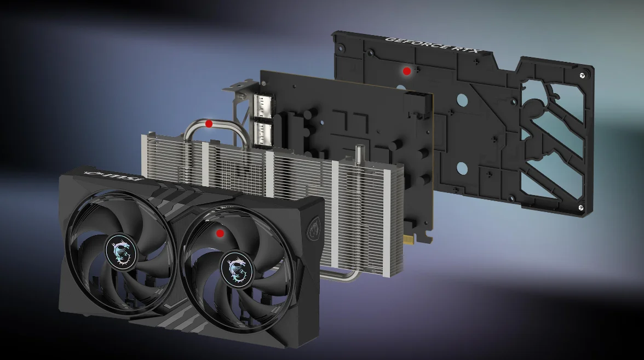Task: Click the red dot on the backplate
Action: tap(406, 71)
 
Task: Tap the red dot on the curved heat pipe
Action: tap(209, 123)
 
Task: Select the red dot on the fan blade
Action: tap(220, 233)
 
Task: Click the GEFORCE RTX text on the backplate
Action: tap(432, 44)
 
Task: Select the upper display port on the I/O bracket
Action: tap(264, 106)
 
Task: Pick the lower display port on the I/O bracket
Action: tap(264, 134)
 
